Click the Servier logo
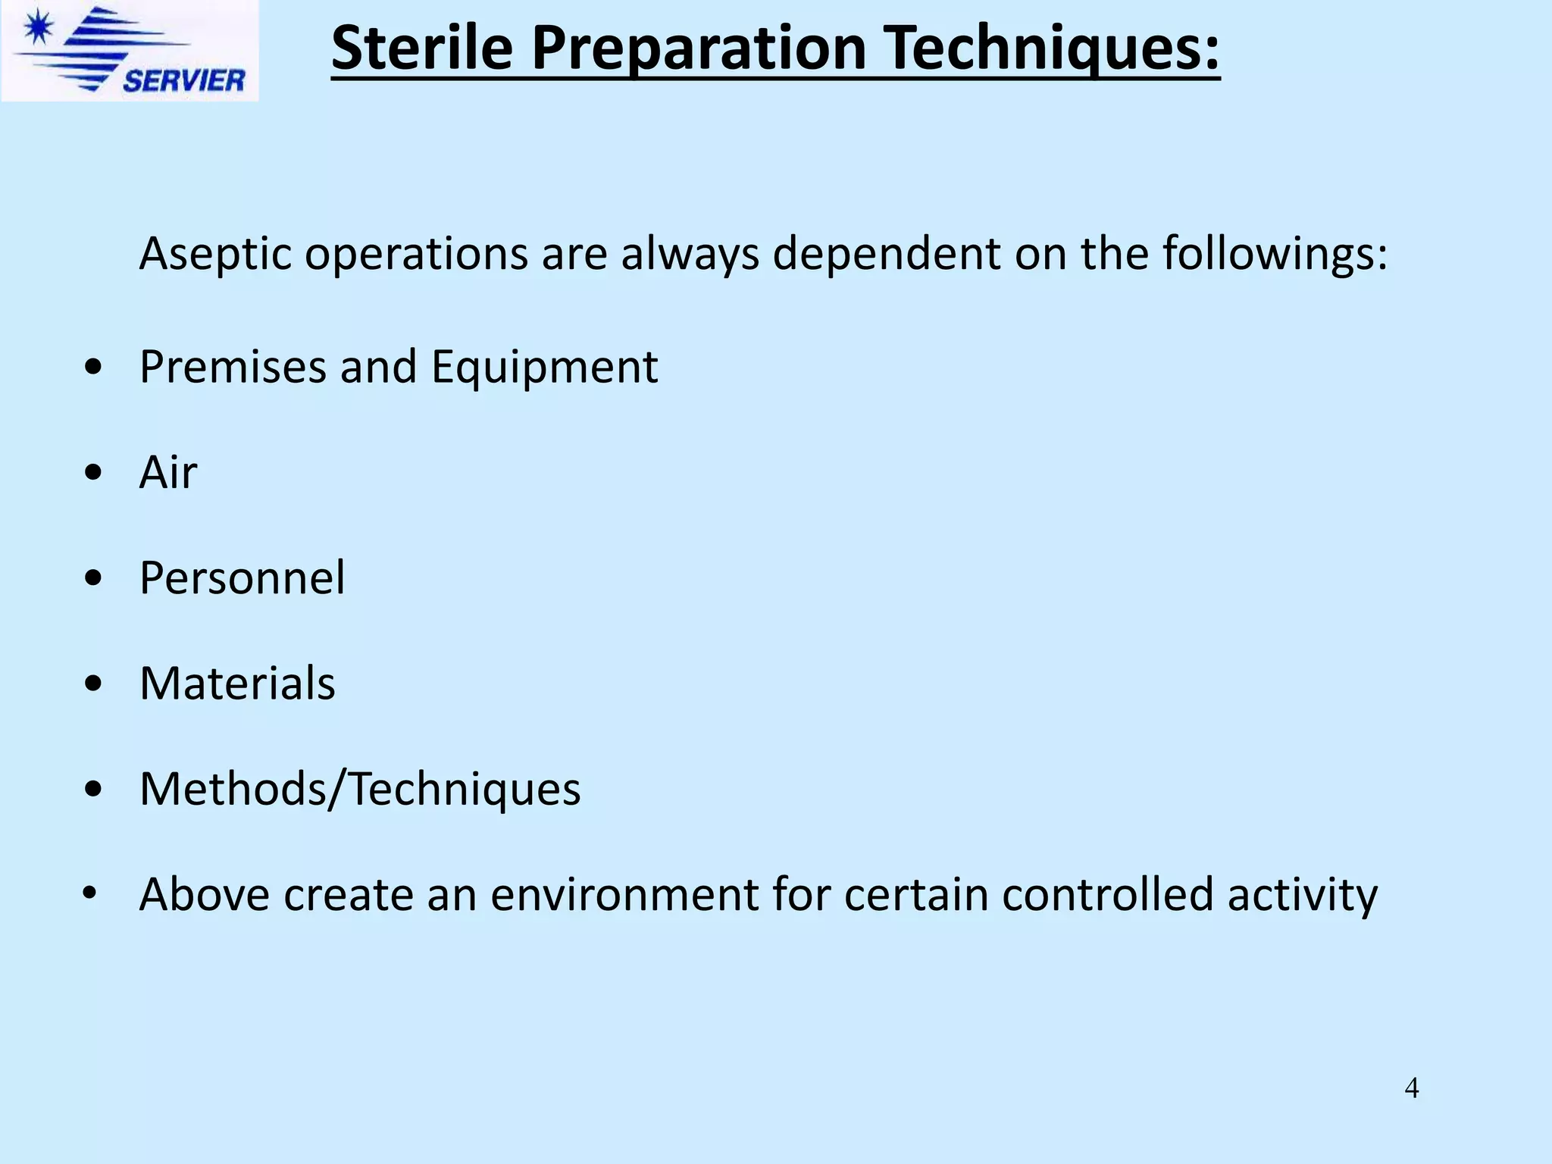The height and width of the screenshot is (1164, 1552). (130, 51)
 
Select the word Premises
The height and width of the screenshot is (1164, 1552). (233, 367)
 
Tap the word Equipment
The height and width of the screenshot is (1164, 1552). (544, 367)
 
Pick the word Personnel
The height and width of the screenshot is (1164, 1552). (242, 577)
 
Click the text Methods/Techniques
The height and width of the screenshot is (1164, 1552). (360, 789)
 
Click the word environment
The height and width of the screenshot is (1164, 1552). (624, 894)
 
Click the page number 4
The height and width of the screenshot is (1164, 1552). (1411, 1088)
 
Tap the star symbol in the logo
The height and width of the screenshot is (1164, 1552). (38, 30)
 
